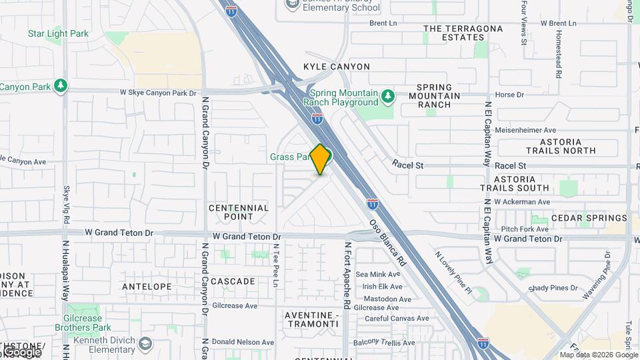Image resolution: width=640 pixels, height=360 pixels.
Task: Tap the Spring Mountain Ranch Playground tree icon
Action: [x=388, y=97]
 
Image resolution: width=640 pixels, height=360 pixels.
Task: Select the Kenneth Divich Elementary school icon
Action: [x=146, y=344]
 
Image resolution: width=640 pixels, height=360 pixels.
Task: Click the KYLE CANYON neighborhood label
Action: [x=336, y=67]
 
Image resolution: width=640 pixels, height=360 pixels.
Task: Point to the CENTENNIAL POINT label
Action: [x=239, y=212]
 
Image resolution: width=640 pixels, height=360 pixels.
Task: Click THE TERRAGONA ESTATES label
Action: [x=463, y=33]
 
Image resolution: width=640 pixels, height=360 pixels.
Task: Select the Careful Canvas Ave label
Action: [x=392, y=319]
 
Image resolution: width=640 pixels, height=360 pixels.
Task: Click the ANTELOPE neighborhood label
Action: [x=147, y=287]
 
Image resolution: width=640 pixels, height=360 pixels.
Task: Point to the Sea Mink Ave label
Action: [x=378, y=274]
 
